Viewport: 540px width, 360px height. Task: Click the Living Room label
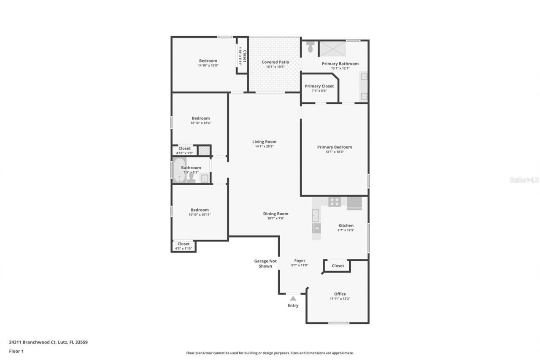click(264, 142)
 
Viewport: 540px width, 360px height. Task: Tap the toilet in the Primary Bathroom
click(310, 47)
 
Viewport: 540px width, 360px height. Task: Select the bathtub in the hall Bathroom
click(178, 170)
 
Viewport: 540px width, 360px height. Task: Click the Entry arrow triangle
click(293, 298)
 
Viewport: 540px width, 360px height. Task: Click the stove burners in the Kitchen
click(335, 202)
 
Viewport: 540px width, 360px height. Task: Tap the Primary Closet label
click(319, 86)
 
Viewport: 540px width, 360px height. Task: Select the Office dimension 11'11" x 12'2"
click(340, 299)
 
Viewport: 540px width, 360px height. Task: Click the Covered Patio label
click(275, 62)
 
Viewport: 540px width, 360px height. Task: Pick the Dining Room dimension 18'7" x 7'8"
click(275, 219)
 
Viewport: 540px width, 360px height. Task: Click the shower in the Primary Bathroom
click(332, 49)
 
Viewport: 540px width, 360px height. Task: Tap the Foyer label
click(300, 261)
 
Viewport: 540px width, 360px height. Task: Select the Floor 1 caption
click(16, 351)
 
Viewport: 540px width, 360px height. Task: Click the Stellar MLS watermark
click(524, 180)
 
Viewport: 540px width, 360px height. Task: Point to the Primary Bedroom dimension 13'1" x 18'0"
click(335, 152)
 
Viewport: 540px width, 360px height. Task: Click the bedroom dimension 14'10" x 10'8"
click(208, 65)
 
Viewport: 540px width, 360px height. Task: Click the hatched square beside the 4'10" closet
click(204, 150)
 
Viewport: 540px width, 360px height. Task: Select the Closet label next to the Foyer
click(338, 266)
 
